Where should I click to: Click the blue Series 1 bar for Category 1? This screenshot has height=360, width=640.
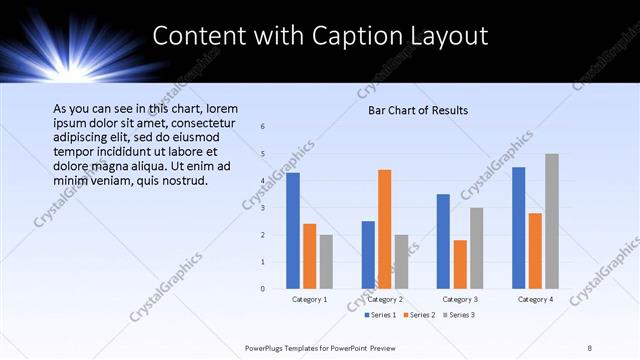tap(293, 231)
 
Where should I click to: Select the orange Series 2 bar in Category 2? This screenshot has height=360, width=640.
tap(385, 229)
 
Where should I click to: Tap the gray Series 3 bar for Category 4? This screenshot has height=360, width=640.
tap(552, 221)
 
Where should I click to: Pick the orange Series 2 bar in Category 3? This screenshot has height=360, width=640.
tap(460, 264)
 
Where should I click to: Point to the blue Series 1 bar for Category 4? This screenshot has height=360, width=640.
tap(518, 228)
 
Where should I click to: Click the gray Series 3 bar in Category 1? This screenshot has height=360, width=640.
tap(326, 262)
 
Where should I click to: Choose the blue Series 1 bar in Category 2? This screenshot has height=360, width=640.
tap(368, 255)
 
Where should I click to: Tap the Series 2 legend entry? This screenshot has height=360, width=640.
tap(417, 315)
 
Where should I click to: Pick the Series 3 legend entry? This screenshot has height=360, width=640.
tap(457, 315)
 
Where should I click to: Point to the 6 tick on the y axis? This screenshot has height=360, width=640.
tap(262, 127)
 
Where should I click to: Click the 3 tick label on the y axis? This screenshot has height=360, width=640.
tap(262, 208)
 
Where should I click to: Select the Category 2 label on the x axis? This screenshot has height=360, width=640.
tap(385, 299)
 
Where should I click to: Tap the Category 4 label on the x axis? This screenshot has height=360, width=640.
tap(535, 299)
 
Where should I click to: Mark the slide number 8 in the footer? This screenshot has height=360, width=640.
tap(590, 348)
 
